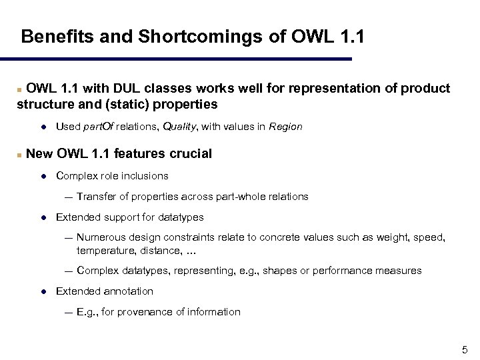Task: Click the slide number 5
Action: tap(465, 350)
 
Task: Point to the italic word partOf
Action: tap(103, 126)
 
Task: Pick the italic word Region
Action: tap(285, 126)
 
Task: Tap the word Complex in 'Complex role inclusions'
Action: tap(75, 176)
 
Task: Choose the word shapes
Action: tap(281, 271)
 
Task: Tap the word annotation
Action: tap(129, 291)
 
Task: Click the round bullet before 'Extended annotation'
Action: tap(43, 291)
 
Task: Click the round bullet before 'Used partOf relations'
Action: tap(43, 126)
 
